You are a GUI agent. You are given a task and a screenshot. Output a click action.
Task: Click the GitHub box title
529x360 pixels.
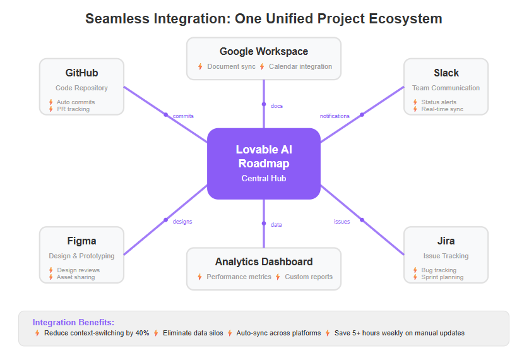point(81,73)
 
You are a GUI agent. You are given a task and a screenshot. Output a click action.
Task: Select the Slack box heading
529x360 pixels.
point(446,73)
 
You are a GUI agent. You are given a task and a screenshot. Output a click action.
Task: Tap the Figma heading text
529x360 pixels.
point(81,241)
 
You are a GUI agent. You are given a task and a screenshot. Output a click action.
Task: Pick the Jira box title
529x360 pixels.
point(446,241)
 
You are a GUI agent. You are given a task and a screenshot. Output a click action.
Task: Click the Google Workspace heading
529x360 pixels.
point(264,51)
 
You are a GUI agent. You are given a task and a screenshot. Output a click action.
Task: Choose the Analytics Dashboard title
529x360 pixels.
point(264,261)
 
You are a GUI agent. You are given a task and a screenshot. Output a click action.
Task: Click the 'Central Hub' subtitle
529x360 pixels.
point(264,178)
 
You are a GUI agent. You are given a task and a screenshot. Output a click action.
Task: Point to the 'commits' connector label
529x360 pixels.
point(183,116)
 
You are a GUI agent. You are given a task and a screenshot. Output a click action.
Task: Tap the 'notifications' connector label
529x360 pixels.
point(335,116)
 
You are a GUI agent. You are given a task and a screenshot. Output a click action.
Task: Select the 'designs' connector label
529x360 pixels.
point(182,222)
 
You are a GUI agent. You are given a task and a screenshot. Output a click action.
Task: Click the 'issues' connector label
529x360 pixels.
point(342,222)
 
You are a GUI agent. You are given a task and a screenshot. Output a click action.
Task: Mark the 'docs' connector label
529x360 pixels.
point(276,106)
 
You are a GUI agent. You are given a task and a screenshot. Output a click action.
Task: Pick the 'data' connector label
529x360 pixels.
point(276,225)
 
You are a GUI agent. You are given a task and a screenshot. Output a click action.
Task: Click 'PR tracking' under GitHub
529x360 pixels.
point(73,109)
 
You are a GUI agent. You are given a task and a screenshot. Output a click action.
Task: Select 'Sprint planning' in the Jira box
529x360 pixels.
point(442,277)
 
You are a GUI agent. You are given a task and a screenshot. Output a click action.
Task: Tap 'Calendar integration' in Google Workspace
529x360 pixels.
point(300,66)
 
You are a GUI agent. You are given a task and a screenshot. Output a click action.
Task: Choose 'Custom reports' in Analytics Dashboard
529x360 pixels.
point(308,277)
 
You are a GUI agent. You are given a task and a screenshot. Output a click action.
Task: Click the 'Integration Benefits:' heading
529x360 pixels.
point(73,322)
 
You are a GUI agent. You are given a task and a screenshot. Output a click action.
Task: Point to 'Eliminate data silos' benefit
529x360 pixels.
point(193,333)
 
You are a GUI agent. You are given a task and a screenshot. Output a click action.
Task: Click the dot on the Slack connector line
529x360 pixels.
point(362,115)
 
